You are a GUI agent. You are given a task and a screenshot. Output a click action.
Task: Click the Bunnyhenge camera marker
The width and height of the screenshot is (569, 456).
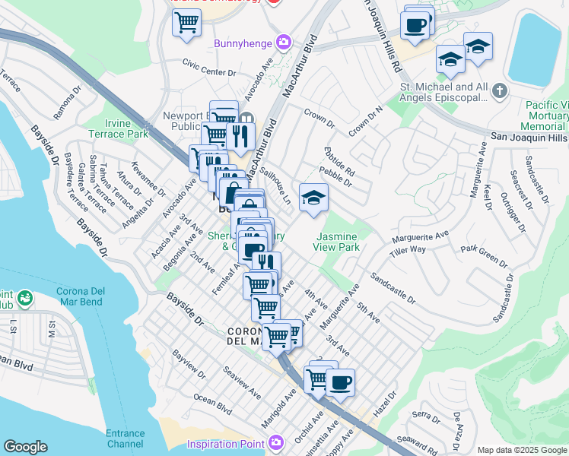coord(283,42)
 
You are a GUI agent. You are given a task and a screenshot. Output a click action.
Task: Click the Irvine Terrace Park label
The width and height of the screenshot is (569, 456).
coord(126,128)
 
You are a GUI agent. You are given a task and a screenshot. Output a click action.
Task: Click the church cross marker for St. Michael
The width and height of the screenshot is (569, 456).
coord(499,91)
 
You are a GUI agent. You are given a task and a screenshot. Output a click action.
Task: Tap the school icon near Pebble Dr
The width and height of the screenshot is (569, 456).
coord(313,198)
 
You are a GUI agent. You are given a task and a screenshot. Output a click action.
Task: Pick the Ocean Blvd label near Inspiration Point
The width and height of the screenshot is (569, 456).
coord(212,403)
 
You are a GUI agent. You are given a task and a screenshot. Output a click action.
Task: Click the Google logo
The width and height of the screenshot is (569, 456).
coord(25,447)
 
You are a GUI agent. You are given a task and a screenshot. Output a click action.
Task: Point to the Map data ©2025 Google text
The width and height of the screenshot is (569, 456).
coord(521,450)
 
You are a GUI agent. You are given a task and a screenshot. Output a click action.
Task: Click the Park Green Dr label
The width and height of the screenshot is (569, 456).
coord(484,255)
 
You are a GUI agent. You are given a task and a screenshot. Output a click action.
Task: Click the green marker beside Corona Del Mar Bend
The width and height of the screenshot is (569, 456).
coord(24,298)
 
